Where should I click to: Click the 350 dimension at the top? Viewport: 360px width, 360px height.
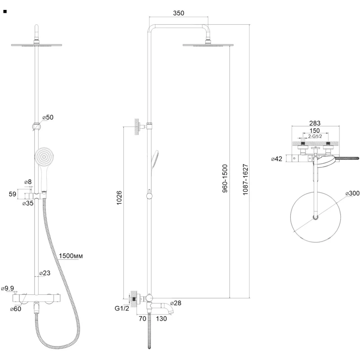click(178, 13)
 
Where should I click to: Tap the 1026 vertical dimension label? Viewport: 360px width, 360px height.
click(119, 198)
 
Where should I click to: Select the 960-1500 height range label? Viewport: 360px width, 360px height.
click(225, 178)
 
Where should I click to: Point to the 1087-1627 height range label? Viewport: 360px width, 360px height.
click(245, 180)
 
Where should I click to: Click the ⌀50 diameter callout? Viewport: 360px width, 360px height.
click(48, 117)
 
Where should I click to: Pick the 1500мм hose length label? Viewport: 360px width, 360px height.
click(71, 256)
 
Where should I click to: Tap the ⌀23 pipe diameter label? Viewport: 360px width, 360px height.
click(45, 273)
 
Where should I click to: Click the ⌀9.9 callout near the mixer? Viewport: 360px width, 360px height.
click(8, 288)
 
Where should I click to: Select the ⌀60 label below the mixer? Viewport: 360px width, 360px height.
click(16, 309)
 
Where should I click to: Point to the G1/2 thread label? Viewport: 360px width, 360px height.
click(122, 308)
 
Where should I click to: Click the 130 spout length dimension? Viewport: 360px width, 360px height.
click(161, 319)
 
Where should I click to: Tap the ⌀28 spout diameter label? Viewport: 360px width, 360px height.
click(175, 303)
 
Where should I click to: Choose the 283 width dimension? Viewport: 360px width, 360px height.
click(315, 123)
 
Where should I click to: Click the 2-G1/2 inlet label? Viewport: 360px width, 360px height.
click(315, 136)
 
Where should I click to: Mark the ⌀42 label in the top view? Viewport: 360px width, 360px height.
click(277, 159)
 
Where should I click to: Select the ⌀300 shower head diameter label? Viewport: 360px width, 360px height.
click(352, 193)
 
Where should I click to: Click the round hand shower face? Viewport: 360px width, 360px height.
click(44, 157)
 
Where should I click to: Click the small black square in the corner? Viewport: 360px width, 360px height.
click(5, 12)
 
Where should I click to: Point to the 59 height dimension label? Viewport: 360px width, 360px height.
click(13, 194)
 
